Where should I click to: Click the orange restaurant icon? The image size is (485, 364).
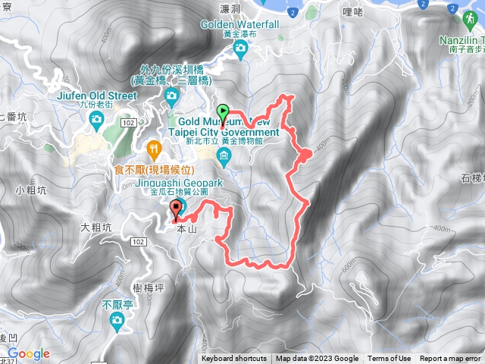[154, 147]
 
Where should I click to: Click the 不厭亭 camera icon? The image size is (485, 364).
[116, 322]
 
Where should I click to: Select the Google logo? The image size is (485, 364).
[29, 353]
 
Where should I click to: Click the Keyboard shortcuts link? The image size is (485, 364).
[234, 359]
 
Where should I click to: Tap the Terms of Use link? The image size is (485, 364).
[390, 359]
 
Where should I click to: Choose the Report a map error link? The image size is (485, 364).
[450, 359]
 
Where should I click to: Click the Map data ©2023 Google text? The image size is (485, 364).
[317, 359]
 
